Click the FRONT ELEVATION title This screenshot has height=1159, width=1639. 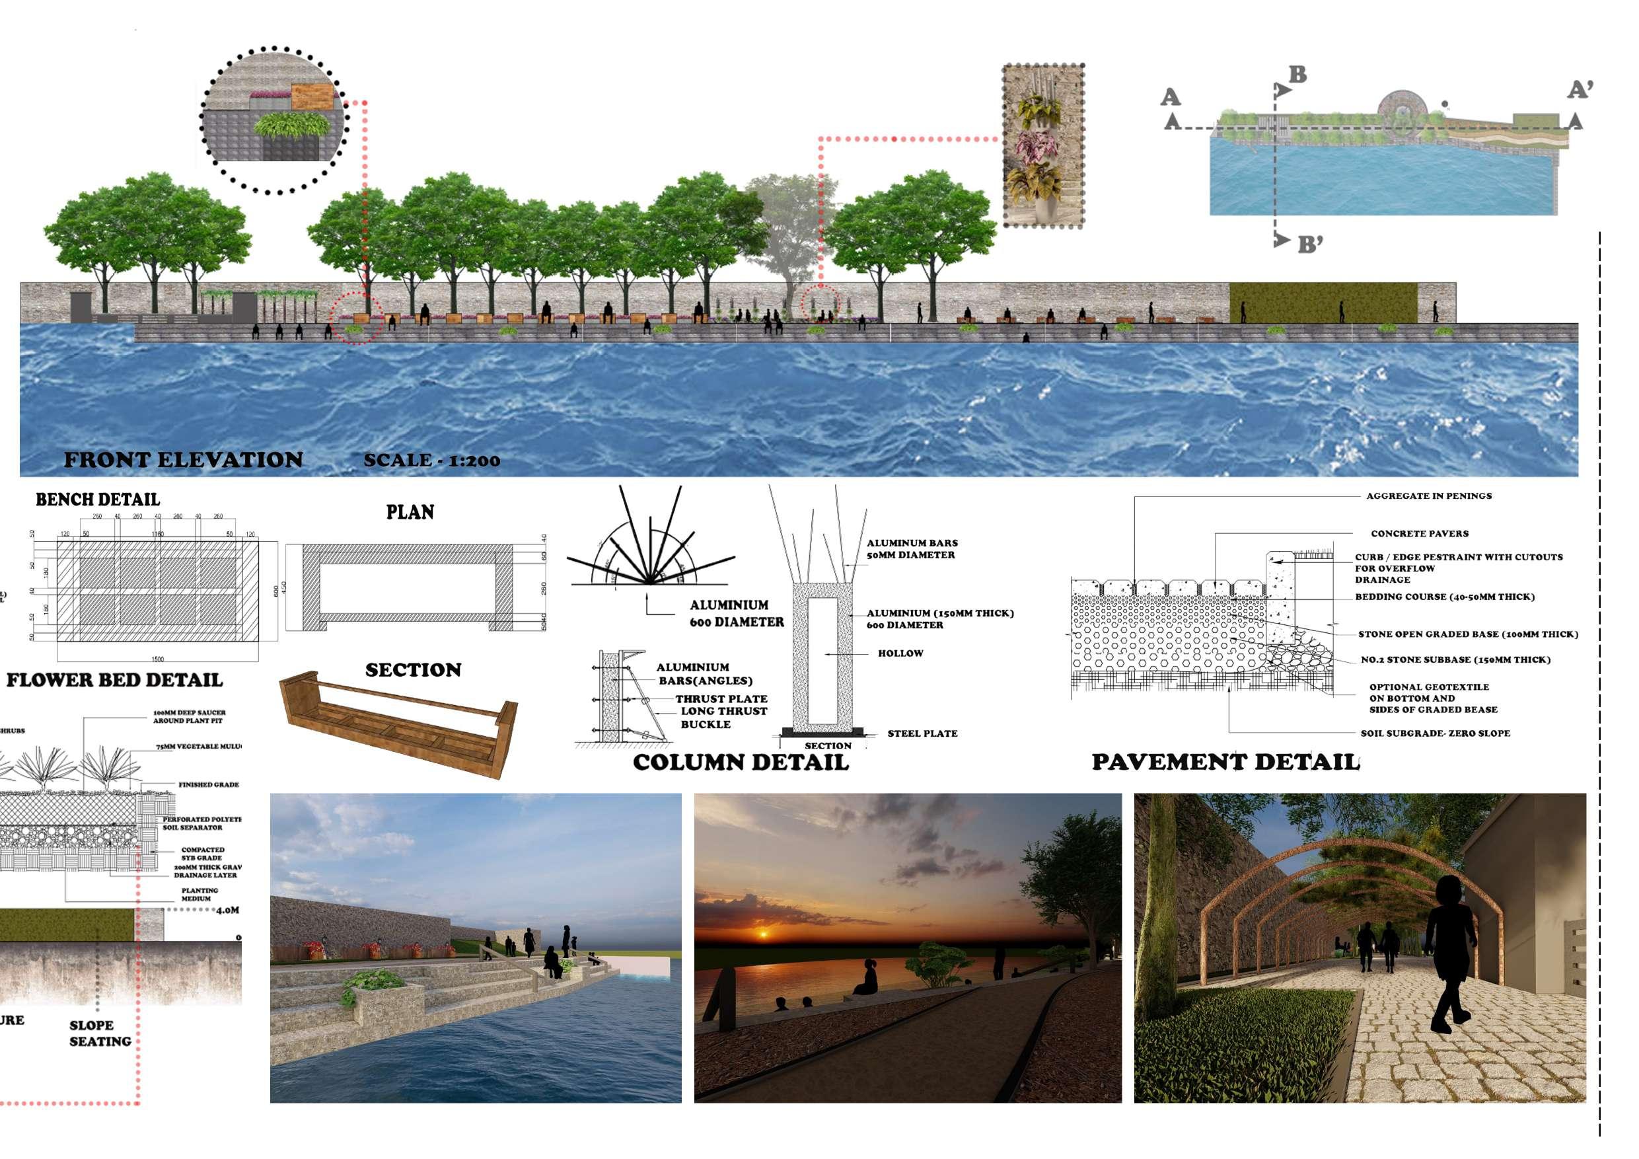(x=184, y=460)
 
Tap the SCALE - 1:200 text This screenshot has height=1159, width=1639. (x=431, y=461)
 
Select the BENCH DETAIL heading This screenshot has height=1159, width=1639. (x=98, y=500)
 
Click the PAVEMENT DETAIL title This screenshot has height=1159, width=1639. (x=1225, y=762)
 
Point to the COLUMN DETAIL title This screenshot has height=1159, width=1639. (x=741, y=763)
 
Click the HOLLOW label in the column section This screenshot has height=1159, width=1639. (x=900, y=654)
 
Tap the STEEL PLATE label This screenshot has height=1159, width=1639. (x=922, y=733)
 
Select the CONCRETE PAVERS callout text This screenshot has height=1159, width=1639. (x=1419, y=533)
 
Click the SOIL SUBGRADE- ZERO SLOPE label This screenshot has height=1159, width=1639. (x=1435, y=733)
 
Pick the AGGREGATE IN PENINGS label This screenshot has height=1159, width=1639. (x=1428, y=496)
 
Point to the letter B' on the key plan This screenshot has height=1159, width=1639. (x=1310, y=245)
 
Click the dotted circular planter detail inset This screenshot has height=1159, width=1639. (x=273, y=120)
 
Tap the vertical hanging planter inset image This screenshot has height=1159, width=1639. (x=1043, y=145)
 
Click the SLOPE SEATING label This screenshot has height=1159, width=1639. (x=100, y=1033)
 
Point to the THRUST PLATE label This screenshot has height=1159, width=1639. (x=721, y=698)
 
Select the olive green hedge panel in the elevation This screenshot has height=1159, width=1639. (x=1322, y=303)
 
